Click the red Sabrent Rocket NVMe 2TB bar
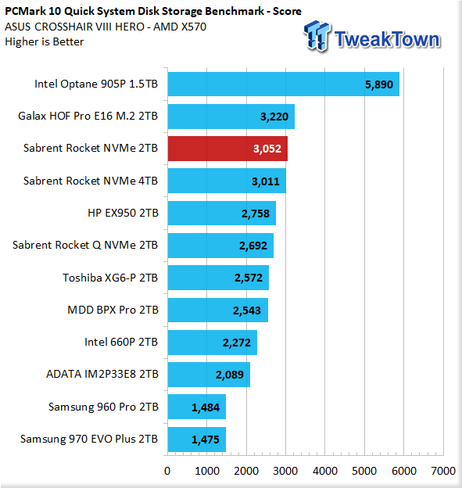click(x=227, y=149)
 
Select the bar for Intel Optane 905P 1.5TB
click(x=284, y=84)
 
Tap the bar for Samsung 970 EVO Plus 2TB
click(x=197, y=440)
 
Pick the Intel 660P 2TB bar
click(x=212, y=343)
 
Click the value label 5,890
click(x=379, y=84)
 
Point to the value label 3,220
click(x=274, y=117)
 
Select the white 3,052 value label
click(x=267, y=149)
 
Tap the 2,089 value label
click(x=230, y=375)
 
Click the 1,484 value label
click(x=206, y=407)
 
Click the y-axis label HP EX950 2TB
click(x=123, y=213)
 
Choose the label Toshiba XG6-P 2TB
click(x=110, y=278)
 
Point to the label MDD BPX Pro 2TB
click(x=113, y=310)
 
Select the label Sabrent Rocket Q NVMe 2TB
click(x=85, y=246)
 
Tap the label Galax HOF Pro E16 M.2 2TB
click(x=88, y=116)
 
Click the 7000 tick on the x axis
click(x=443, y=471)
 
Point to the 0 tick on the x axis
click(x=167, y=471)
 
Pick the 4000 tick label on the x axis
click(x=325, y=471)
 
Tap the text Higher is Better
click(x=45, y=41)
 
